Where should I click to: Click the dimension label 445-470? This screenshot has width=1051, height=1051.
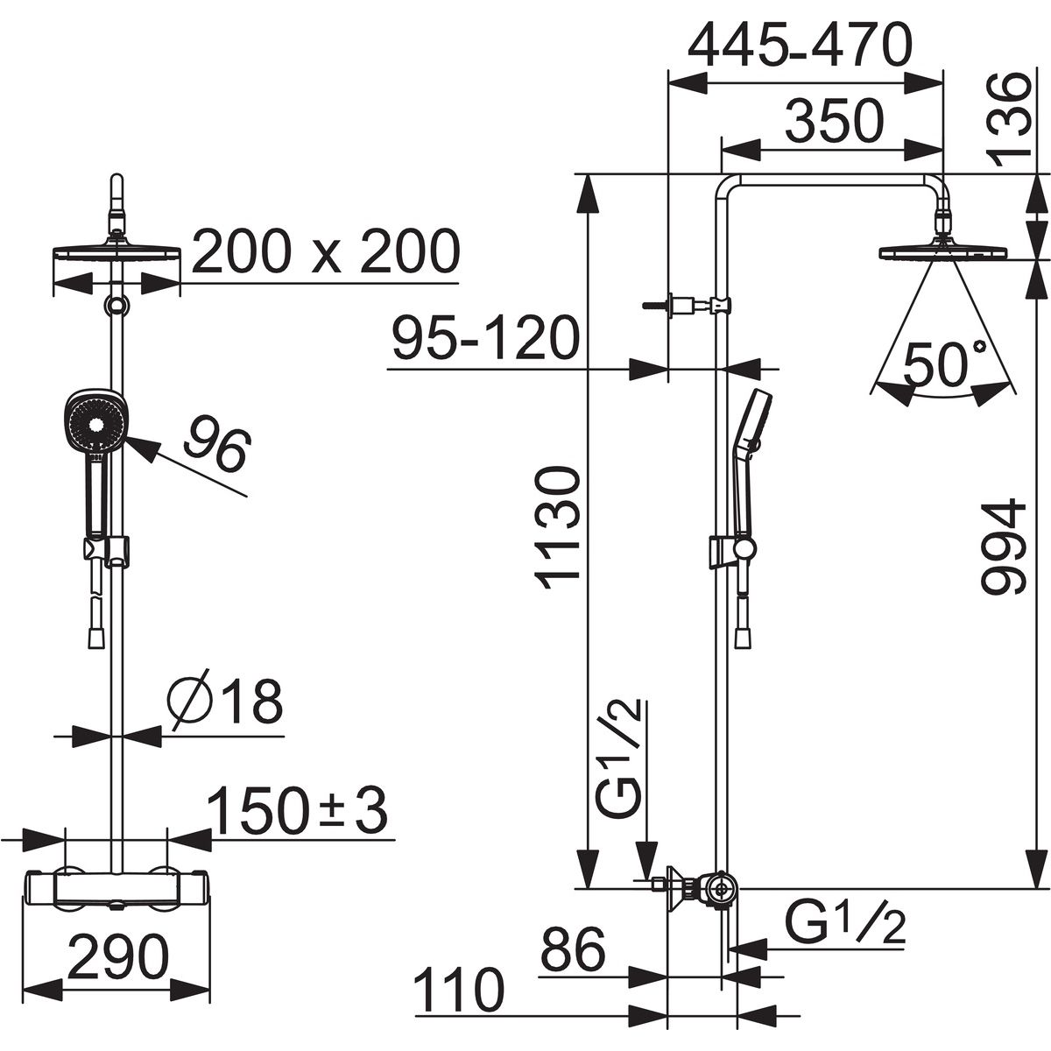coord(800,46)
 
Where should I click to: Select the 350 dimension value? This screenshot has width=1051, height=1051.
coord(835,122)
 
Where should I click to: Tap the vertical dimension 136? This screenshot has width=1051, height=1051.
coord(1010,121)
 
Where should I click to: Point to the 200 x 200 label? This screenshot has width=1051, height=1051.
coord(326,251)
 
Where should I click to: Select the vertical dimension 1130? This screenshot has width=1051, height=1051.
coord(556,528)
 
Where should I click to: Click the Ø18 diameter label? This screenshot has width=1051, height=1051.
coord(225,702)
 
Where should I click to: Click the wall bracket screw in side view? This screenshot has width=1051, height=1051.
coord(654,305)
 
